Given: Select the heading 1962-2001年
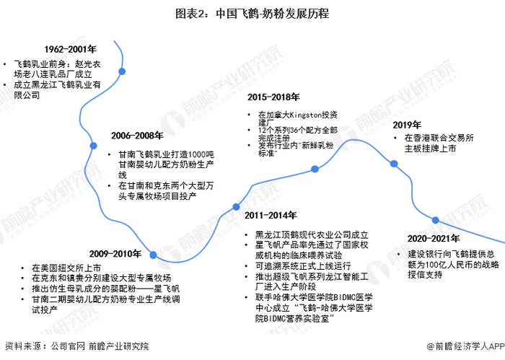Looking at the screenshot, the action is (70, 50).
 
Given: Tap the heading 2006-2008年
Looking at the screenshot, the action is (136, 135).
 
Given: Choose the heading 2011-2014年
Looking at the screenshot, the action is (271, 215).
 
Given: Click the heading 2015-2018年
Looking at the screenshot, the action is (273, 97).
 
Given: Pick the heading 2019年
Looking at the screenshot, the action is (407, 124).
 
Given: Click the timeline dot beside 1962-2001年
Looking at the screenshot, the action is (123, 71).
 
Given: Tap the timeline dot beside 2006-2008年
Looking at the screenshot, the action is (92, 146).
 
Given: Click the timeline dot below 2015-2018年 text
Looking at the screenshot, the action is (314, 169).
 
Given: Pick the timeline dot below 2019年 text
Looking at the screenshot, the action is (394, 164).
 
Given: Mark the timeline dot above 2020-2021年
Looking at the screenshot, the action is (435, 220).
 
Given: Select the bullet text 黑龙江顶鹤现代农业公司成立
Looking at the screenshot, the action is (312, 235).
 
